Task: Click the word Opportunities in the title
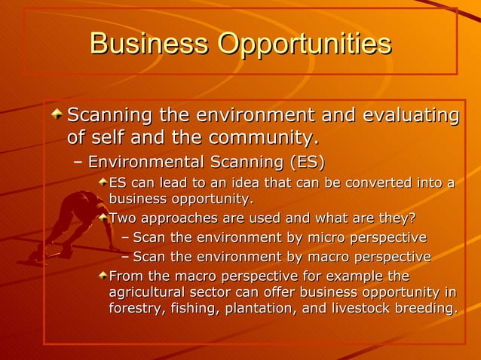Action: [x=305, y=44]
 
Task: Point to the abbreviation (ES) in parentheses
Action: [x=307, y=162]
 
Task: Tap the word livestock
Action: [x=360, y=310]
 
